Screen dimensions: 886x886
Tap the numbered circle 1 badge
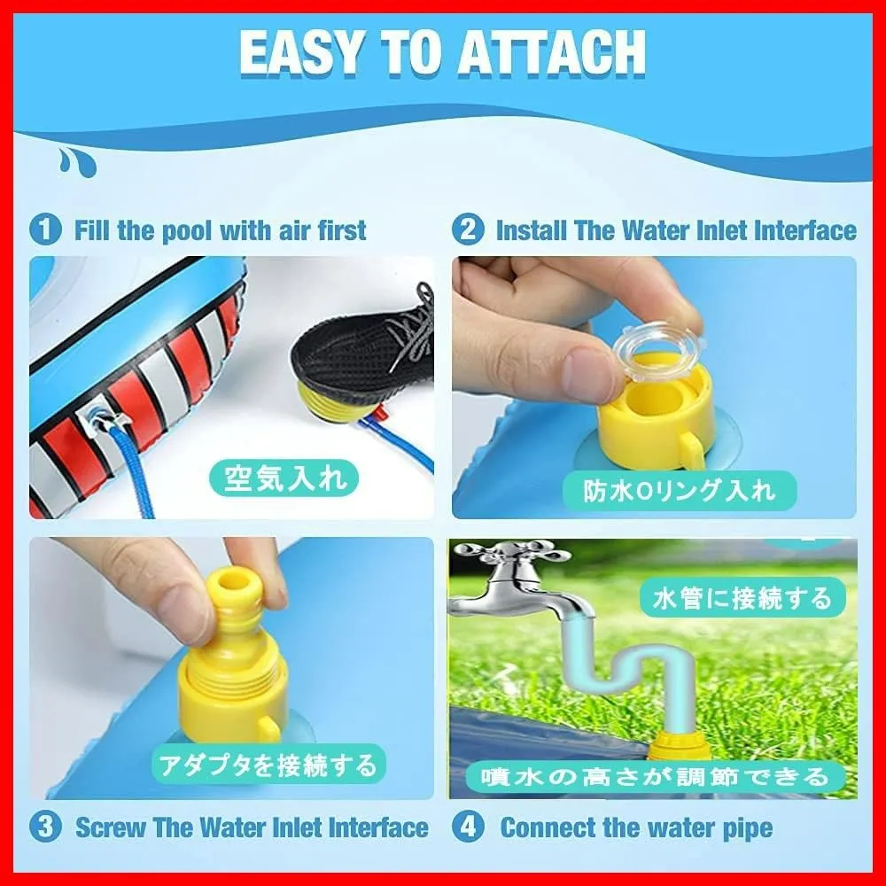[x=45, y=230]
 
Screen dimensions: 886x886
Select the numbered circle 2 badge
[x=469, y=230]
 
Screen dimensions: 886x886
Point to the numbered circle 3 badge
[x=45, y=828]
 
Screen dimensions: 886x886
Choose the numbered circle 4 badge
[x=469, y=828]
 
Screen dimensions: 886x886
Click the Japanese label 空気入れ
[x=284, y=478]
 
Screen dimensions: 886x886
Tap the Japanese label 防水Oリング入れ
[x=679, y=491]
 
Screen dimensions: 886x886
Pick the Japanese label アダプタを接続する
[x=268, y=764]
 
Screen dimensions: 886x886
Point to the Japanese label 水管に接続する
[x=742, y=597]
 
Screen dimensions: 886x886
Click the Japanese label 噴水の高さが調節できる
[x=655, y=777]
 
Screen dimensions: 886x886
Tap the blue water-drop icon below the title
[x=77, y=162]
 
